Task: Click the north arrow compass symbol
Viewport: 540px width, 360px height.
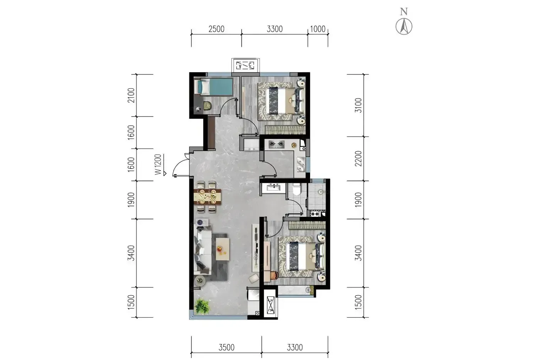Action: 404,26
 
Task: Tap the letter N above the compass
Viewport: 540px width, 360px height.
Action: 404,12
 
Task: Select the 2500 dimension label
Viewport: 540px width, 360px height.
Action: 216,29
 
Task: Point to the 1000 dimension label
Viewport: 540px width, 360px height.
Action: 317,29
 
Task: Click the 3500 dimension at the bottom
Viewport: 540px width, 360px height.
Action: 226,348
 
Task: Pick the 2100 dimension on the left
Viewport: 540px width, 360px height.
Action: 131,95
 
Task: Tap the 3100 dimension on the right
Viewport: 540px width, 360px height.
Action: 358,105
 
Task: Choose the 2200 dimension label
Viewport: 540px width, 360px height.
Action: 358,159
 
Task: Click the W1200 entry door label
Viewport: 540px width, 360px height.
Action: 158,164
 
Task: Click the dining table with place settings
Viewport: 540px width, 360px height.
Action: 208,196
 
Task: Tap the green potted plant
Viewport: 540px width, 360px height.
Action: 202,306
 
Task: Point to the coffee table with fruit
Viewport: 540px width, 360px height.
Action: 223,249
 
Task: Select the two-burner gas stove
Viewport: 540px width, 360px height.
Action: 277,144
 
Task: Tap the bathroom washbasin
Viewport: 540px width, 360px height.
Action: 273,188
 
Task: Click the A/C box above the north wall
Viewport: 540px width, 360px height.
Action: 245,65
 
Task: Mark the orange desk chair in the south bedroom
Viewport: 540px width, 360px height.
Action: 274,275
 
